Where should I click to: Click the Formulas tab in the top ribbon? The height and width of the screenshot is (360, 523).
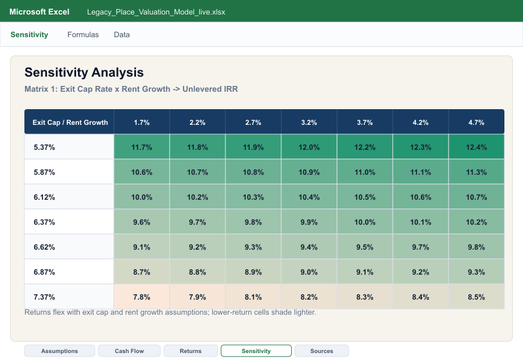point(83,35)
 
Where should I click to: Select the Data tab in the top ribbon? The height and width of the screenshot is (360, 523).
point(122,35)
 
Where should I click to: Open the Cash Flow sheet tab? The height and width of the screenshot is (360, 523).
point(129,351)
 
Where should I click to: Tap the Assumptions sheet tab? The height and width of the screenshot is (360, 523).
point(59,351)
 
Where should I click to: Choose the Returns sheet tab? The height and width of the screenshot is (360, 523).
point(191,351)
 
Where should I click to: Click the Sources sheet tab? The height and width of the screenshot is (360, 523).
point(321,351)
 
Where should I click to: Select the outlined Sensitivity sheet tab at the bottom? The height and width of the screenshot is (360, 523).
point(256,351)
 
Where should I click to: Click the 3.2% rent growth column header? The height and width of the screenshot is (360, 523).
point(309,122)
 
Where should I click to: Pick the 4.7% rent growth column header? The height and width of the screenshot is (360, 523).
point(477,122)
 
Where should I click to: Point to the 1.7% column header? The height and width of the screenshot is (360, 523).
point(142,122)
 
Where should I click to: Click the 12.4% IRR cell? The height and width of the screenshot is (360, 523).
point(477,147)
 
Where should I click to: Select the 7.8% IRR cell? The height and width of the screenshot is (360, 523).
point(142,297)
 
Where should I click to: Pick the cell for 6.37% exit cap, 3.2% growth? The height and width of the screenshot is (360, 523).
point(309,222)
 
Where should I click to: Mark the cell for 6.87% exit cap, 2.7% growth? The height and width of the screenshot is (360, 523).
point(253,272)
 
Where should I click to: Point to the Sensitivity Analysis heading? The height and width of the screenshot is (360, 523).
point(84,73)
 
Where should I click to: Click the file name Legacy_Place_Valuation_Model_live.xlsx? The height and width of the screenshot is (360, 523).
point(156,12)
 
